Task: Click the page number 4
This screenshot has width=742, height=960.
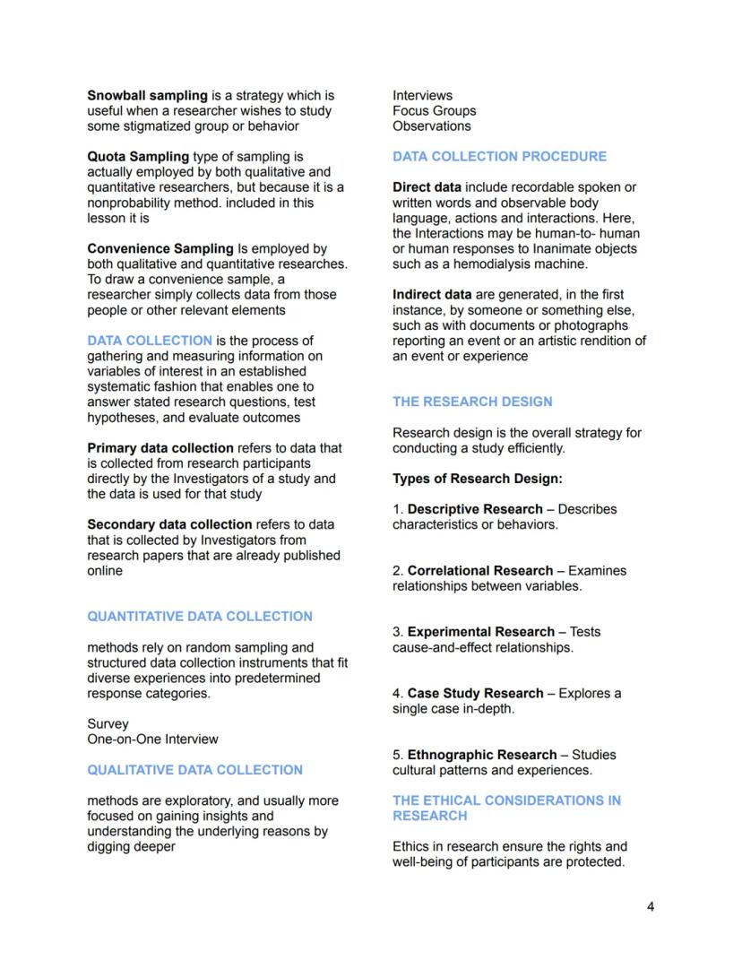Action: (x=650, y=906)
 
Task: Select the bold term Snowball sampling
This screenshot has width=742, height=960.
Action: (x=147, y=95)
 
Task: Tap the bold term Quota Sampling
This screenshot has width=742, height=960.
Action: (x=138, y=156)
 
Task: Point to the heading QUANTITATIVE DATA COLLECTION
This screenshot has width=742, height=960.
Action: (x=200, y=617)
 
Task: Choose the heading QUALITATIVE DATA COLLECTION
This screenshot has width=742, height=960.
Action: (x=194, y=770)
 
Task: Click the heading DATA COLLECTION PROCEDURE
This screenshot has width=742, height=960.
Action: (x=499, y=156)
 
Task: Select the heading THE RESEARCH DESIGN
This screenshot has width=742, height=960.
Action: (x=472, y=402)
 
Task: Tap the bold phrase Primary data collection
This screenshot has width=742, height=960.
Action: (x=160, y=447)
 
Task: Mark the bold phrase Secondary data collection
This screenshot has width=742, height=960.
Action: (x=169, y=524)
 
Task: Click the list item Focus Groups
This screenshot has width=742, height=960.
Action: (x=434, y=111)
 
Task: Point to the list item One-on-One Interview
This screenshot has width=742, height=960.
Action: (x=152, y=739)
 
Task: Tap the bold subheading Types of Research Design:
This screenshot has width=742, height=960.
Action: (x=477, y=479)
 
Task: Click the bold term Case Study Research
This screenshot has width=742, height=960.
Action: (x=475, y=693)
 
